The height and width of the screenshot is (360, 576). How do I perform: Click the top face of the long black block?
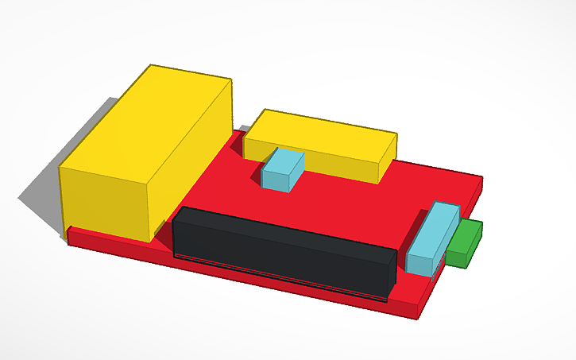point(286,230)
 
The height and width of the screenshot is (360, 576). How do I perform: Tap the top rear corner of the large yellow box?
point(150,67)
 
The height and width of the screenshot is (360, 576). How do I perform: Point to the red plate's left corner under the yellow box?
point(69,236)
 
